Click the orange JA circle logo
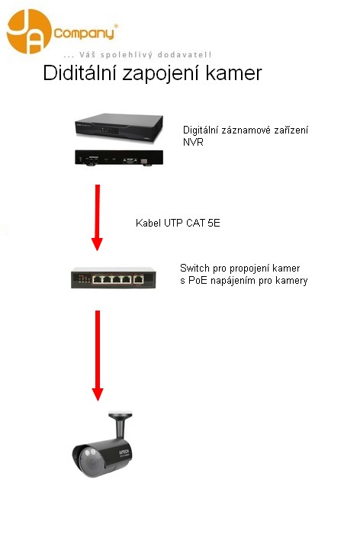pyautogui.click(x=29, y=31)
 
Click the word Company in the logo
pyautogui.click(x=84, y=34)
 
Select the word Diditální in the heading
pyautogui.click(x=79, y=73)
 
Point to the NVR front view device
pyautogui.click(x=119, y=128)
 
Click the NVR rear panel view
pyautogui.click(x=119, y=158)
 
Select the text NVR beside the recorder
pyautogui.click(x=193, y=143)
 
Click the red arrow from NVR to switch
pyautogui.click(x=98, y=217)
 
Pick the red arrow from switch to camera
pyautogui.click(x=98, y=355)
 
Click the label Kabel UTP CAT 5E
pyautogui.click(x=178, y=223)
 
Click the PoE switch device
pyautogui.click(x=114, y=278)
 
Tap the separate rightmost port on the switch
pyautogui.click(x=138, y=279)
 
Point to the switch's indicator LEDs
pyautogui.click(x=83, y=279)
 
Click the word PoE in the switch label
pyautogui.click(x=198, y=281)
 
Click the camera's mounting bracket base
pyautogui.click(x=121, y=415)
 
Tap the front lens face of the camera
pyautogui.click(x=89, y=462)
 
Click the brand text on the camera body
pyautogui.click(x=124, y=453)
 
